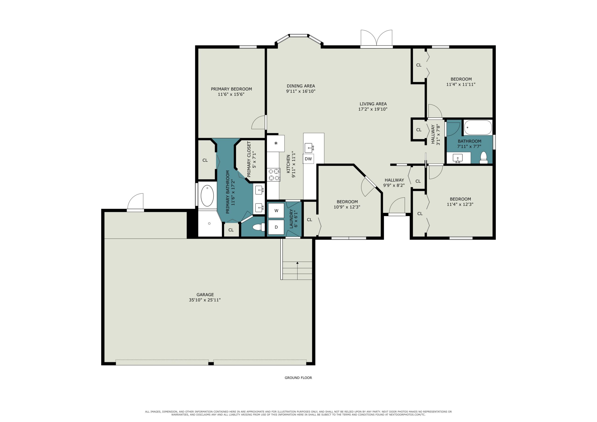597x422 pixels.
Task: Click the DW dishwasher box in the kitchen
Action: coord(308,159)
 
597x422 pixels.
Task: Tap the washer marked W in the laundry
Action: coord(276,211)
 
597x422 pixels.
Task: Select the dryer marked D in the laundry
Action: coord(276,227)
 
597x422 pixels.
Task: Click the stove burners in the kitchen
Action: coord(274,174)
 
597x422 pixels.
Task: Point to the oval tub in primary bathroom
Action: coord(208,196)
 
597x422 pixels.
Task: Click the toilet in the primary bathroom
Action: coord(258,227)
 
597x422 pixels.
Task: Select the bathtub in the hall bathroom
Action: coord(478,127)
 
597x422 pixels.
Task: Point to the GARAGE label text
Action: coord(205,295)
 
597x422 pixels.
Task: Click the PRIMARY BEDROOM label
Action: coord(231,89)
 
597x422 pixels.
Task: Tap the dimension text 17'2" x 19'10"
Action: coord(373,109)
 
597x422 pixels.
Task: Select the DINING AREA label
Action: coord(301,86)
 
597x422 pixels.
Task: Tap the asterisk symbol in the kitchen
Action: coord(276,143)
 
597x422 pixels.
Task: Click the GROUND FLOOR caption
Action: coord(298,378)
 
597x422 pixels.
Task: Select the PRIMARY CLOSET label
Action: coord(249,159)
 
